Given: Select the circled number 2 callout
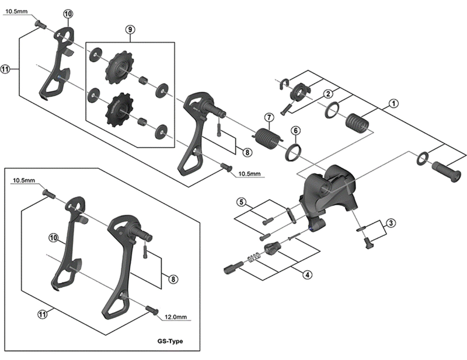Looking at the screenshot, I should pyautogui.click(x=329, y=94).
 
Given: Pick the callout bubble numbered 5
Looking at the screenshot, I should pyautogui.click(x=241, y=202).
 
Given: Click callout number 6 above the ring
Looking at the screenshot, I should pyautogui.click(x=296, y=130).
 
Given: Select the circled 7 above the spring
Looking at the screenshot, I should pyautogui.click(x=269, y=117).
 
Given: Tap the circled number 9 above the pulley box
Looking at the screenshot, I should pyautogui.click(x=130, y=29).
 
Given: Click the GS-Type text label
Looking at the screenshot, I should pyautogui.click(x=170, y=341).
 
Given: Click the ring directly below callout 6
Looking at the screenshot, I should pyautogui.click(x=293, y=153).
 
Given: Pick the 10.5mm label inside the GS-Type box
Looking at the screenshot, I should pyautogui.click(x=24, y=181).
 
